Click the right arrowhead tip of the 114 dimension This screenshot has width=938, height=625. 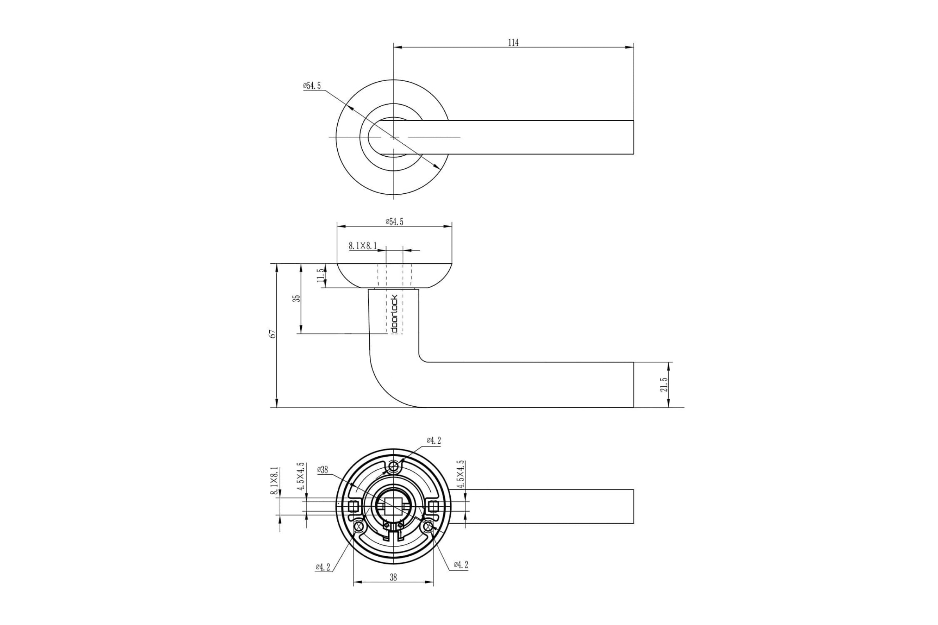634,47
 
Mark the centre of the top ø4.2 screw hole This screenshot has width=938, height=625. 394,466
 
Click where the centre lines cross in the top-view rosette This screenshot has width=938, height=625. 394,137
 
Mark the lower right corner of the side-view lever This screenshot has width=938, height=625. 634,407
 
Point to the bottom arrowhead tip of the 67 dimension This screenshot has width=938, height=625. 276,407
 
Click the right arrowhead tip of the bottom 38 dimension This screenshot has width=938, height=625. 433,582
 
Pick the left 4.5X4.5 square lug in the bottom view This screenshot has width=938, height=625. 352,507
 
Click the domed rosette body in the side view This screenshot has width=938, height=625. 394,275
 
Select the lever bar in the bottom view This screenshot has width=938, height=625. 542,506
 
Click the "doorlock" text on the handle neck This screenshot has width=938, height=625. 394,314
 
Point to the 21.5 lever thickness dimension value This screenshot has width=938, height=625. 664,384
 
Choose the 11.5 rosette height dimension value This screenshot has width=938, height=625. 320,275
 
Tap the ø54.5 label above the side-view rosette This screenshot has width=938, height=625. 394,221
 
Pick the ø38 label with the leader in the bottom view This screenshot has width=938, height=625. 323,470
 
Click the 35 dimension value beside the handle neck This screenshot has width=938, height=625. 296,298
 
